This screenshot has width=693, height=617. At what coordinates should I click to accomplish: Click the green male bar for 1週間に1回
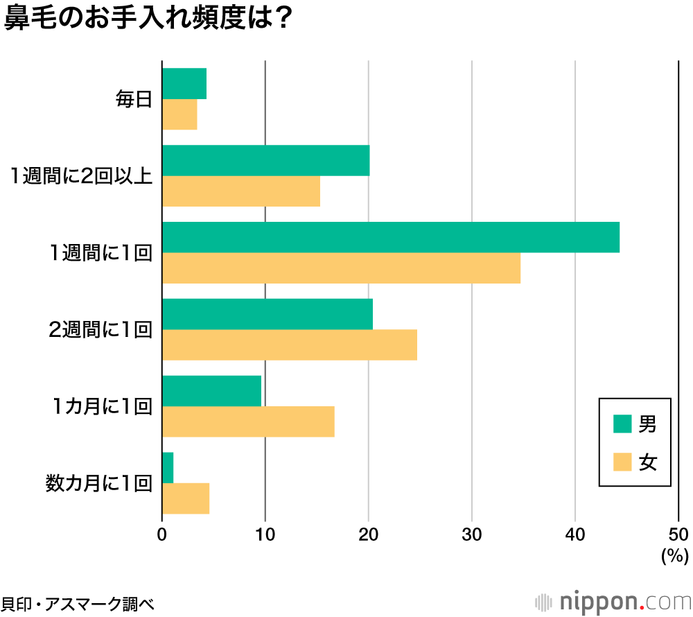pyautogui.click(x=390, y=237)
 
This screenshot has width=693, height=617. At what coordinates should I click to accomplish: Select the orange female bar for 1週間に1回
pyautogui.click(x=341, y=268)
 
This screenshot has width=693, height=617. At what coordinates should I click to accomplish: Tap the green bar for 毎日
pyautogui.click(x=184, y=84)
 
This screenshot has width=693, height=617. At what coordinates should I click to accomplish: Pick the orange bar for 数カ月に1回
pyautogui.click(x=185, y=499)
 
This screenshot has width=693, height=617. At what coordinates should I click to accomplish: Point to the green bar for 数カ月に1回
pyautogui.click(x=167, y=468)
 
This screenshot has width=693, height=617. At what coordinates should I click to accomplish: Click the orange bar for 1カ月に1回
pyautogui.click(x=248, y=422)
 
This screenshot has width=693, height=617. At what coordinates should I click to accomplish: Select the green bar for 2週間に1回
pyautogui.click(x=267, y=314)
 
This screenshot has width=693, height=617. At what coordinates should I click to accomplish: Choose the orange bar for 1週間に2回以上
pyautogui.click(x=240, y=191)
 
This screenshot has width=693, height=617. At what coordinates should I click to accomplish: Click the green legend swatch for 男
pyautogui.click(x=622, y=424)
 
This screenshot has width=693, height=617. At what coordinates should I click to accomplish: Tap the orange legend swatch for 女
pyautogui.click(x=622, y=462)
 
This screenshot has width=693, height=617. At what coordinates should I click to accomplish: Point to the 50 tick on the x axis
pyautogui.click(x=679, y=535)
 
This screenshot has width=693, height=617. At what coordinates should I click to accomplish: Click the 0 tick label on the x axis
pyautogui.click(x=162, y=535)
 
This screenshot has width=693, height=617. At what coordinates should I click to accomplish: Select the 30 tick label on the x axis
pyautogui.click(x=472, y=535)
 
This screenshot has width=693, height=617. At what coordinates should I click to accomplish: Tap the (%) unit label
pyautogui.click(x=674, y=555)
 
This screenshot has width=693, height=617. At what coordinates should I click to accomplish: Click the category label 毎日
pyautogui.click(x=133, y=100)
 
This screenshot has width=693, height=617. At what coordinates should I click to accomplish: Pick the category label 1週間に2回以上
pyautogui.click(x=80, y=176)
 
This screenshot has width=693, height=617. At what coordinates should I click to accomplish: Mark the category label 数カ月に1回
pyautogui.click(x=98, y=483)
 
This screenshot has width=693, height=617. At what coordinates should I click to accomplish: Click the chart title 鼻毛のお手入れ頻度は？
pyautogui.click(x=147, y=19)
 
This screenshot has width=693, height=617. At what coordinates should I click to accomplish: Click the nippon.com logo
pyautogui.click(x=613, y=600)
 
